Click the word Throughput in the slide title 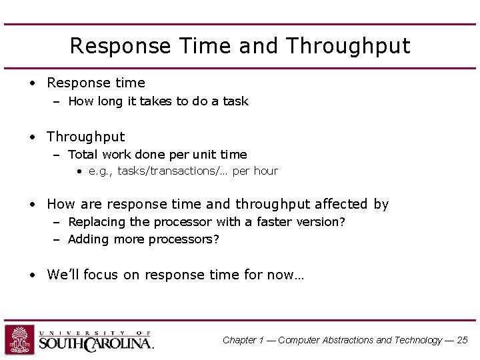pyautogui.click(x=348, y=46)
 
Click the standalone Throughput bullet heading pyautogui.click(x=85, y=137)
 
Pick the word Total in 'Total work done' pyautogui.click(x=83, y=155)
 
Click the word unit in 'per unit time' pyautogui.click(x=203, y=155)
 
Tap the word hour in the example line pyautogui.click(x=265, y=171)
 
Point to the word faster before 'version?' pyautogui.click(x=274, y=222)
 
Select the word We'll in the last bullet pyautogui.click(x=63, y=275)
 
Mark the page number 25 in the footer pyautogui.click(x=462, y=340)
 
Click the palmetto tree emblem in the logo pyautogui.click(x=20, y=340)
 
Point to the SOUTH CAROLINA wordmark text pyautogui.click(x=96, y=344)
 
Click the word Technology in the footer pyautogui.click(x=418, y=340)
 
